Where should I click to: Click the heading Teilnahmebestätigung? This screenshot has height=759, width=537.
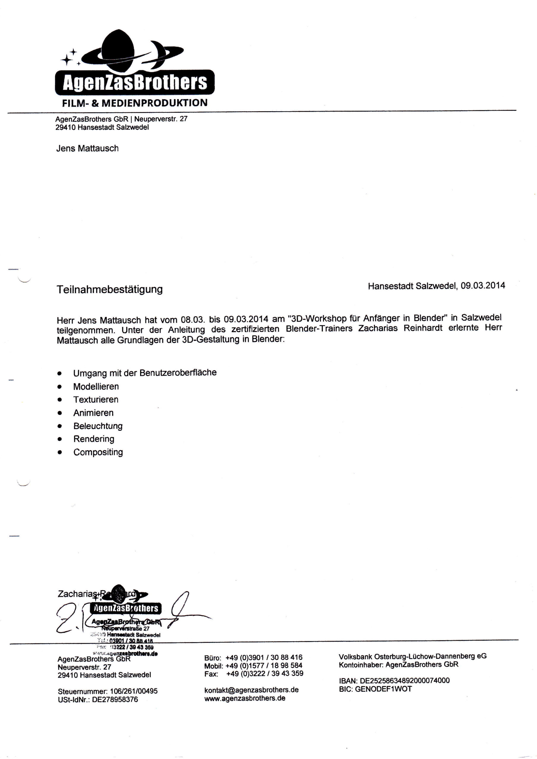click(109, 289)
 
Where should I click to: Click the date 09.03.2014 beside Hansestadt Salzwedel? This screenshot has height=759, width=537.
click(483, 286)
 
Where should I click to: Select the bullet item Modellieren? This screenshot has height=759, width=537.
click(96, 386)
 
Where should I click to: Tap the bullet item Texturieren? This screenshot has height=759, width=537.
click(96, 400)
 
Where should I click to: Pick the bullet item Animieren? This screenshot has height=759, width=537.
click(93, 413)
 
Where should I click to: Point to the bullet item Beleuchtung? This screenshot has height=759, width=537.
click(98, 426)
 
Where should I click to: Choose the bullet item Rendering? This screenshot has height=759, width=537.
click(94, 439)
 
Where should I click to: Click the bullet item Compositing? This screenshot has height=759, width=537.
click(98, 452)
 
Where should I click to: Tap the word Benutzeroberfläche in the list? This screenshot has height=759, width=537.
click(178, 373)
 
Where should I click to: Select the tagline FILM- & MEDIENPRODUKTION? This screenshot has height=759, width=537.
click(135, 103)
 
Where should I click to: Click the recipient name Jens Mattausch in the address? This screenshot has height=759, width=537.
click(87, 149)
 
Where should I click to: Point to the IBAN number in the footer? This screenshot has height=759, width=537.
click(405, 681)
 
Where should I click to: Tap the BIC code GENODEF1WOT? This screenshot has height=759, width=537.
click(383, 689)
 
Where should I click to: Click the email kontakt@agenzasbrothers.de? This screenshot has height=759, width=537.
click(252, 690)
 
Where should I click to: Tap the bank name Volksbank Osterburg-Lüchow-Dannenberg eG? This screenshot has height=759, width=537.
click(413, 656)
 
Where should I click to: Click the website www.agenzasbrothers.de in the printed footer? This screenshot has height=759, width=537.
click(245, 698)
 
